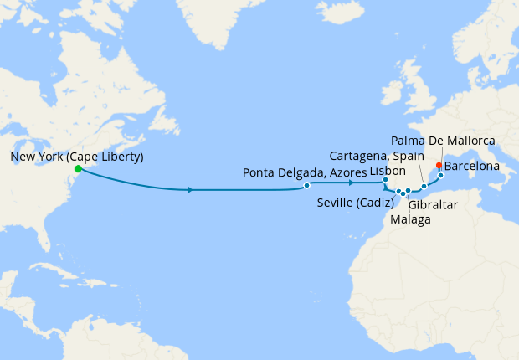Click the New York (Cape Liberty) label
(x=77, y=157)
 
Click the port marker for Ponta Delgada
(x=307, y=185)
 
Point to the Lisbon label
(x=388, y=170)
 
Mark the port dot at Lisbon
(x=385, y=180)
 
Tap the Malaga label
(x=411, y=219)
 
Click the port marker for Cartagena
(x=424, y=185)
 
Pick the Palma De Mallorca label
(x=444, y=140)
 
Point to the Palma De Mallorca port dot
(x=440, y=175)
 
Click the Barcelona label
(x=472, y=167)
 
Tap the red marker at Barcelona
(x=439, y=166)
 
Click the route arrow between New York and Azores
(x=192, y=190)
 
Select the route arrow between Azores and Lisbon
(x=352, y=182)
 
